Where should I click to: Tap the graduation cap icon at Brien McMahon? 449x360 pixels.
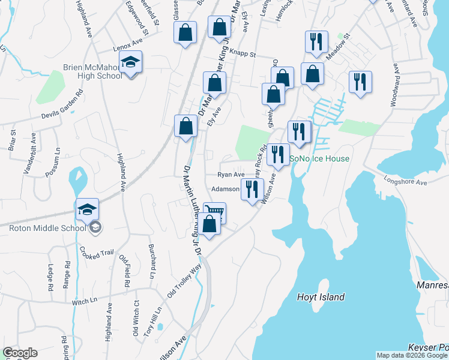(x=130, y=62)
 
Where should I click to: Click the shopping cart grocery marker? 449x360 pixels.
(x=215, y=211)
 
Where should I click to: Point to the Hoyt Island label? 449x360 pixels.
(x=321, y=297)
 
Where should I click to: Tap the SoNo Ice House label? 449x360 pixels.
(x=319, y=159)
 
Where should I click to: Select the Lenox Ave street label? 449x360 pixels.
(x=127, y=48)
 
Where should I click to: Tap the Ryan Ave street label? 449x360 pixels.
(x=231, y=175)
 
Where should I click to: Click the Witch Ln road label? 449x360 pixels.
(x=85, y=301)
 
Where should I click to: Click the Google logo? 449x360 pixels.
(x=20, y=353)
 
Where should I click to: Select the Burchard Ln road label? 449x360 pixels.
(x=152, y=261)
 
